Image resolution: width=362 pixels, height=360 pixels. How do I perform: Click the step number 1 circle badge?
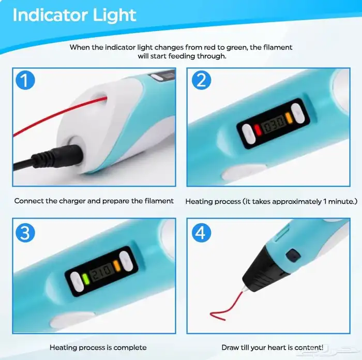point(25,80)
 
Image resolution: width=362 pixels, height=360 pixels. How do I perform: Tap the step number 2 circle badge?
point(201,80)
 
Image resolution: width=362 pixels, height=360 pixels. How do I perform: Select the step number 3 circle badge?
point(25,233)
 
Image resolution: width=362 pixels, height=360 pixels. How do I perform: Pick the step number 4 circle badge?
point(201,233)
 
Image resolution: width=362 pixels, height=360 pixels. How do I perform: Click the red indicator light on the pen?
point(258,130)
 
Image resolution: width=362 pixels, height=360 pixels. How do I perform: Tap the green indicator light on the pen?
point(85,279)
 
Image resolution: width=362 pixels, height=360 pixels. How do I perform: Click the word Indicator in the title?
point(50,15)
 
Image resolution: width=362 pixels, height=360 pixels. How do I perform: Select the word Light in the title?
point(114,16)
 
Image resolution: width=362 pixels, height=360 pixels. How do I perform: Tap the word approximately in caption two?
point(296,202)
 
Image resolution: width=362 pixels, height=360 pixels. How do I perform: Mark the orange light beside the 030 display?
point(289,118)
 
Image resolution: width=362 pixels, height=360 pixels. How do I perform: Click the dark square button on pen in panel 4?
point(293,256)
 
